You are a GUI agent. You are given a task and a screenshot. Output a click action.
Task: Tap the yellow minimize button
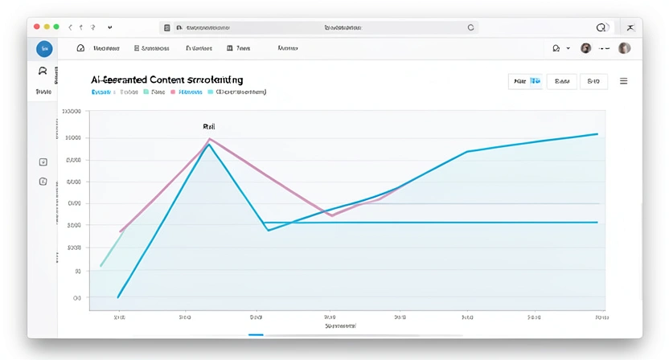tap(47, 27)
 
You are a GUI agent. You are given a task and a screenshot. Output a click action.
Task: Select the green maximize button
tap(55, 27)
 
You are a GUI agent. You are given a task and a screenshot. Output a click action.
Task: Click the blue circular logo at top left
tap(44, 49)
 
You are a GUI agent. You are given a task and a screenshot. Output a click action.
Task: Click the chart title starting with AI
tap(167, 80)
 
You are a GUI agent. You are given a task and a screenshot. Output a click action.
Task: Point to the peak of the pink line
tap(210, 139)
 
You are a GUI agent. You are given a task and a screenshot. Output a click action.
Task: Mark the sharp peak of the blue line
tap(209, 145)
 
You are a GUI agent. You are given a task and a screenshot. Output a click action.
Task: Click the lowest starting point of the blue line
tap(118, 297)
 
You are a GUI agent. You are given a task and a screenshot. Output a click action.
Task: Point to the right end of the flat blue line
tap(597, 222)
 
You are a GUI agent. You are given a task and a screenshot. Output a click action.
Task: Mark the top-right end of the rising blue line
tap(597, 133)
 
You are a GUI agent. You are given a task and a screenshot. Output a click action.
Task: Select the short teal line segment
tap(110, 249)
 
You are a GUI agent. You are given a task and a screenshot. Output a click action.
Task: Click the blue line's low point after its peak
tap(269, 231)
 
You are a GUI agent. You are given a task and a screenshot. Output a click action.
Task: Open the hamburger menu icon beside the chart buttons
tap(623, 81)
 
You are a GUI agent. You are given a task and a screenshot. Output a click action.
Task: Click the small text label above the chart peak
tap(209, 127)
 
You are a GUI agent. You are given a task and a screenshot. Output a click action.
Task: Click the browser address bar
tap(322, 27)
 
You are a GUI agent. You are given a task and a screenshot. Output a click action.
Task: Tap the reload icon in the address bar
tap(471, 27)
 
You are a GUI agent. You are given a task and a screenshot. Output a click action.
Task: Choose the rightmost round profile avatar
tap(625, 48)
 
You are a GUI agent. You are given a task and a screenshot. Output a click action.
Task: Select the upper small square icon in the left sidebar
tap(43, 162)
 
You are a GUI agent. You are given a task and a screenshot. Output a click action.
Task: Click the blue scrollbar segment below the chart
tap(256, 334)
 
